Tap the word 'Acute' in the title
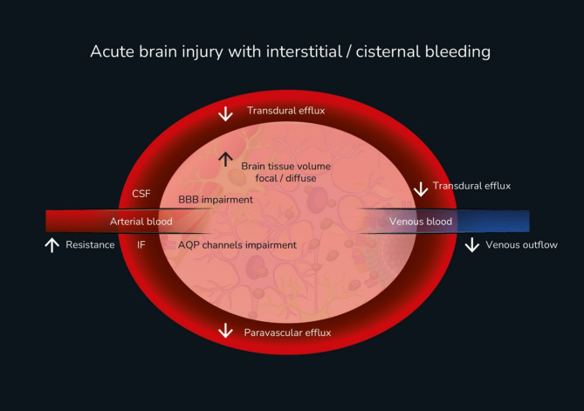tap(112, 51)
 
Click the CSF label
tap(141, 194)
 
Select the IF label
tap(141, 244)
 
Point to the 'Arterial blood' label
tap(141, 222)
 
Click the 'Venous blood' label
tap(421, 222)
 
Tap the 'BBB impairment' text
tap(216, 200)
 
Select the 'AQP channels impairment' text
tap(237, 245)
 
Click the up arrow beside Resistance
tap(52, 245)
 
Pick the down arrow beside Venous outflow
tap(472, 245)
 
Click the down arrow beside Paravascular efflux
tap(225, 330)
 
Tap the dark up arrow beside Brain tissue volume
tap(225, 160)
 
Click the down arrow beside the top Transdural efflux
tap(225, 114)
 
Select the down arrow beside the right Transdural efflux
tap(421, 189)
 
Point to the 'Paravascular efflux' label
tap(287, 332)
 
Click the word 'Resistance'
tap(90, 244)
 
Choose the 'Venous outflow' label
tap(521, 244)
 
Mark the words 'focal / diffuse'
tap(286, 178)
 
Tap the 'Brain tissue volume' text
tap(286, 166)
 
